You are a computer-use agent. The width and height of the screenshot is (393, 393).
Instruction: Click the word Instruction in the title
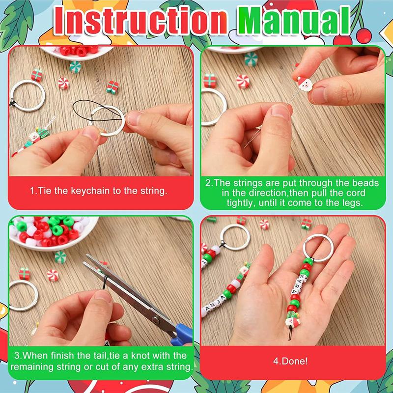click(x=140, y=21)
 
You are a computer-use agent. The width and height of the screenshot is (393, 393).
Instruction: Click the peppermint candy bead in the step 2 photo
click(x=243, y=81)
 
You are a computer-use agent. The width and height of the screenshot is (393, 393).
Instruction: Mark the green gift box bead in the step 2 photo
click(x=210, y=80)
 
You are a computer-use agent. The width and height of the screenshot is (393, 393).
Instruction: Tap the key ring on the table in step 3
click(x=22, y=295)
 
